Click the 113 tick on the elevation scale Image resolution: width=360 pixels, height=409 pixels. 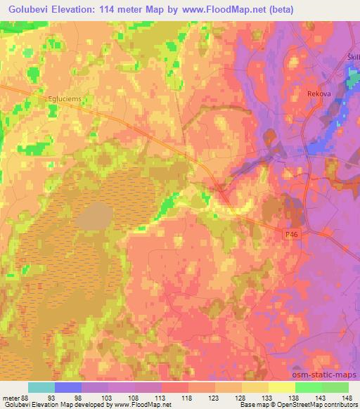click(x=161, y=398)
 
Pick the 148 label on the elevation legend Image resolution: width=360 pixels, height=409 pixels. click(x=349, y=398)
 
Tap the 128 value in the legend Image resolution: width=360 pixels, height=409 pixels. click(x=242, y=398)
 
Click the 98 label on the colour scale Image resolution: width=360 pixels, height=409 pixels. click(x=81, y=398)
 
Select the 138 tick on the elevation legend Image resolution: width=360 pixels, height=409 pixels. click(x=295, y=398)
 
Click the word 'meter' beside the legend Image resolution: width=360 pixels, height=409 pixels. click(x=11, y=398)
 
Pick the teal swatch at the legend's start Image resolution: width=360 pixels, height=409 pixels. click(x=41, y=388)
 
